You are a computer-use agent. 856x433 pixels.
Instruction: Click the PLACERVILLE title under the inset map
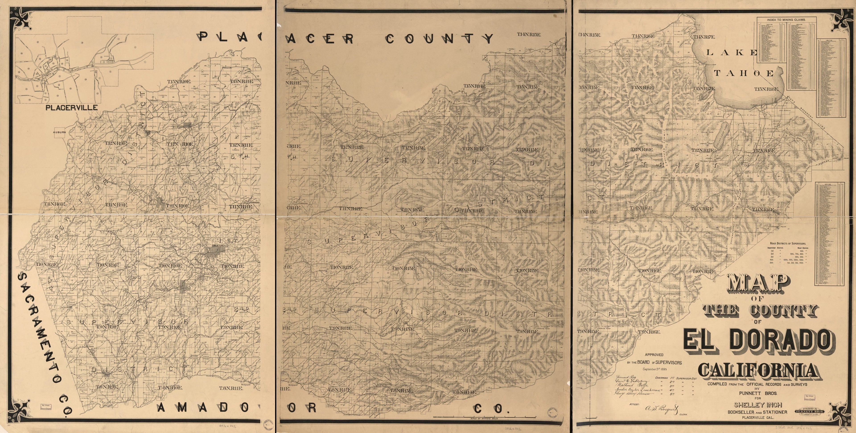point(71,108)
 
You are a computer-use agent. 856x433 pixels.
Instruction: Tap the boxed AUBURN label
point(60,132)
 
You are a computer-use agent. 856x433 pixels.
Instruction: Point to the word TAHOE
point(744,73)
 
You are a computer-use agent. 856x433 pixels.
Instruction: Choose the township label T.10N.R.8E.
point(47,264)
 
